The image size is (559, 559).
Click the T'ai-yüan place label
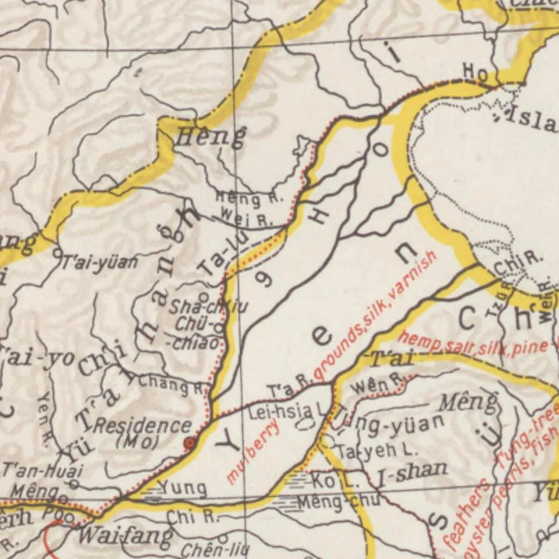coord(100,262)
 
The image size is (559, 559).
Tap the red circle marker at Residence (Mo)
coord(190,443)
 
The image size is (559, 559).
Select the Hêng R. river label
coord(249,199)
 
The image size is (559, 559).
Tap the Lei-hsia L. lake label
coord(288,412)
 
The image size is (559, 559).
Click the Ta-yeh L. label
coord(371,451)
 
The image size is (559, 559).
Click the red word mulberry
coord(253,451)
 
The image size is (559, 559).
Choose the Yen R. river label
coord(45,414)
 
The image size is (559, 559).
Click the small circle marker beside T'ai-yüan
coord(57,252)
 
